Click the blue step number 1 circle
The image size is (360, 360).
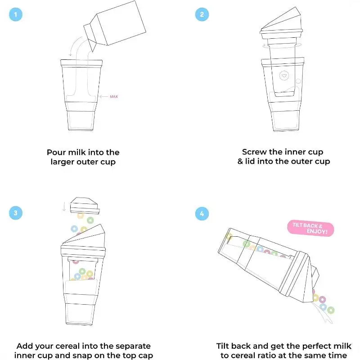coord(16,14)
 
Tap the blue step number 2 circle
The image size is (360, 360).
coord(202,14)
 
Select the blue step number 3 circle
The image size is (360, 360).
coord(16,213)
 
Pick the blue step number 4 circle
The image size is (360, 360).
coord(202,213)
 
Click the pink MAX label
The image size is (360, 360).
coord(114,97)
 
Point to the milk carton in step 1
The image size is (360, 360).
coord(115,25)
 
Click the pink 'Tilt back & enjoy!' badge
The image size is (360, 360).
coord(310,229)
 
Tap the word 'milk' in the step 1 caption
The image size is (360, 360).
coord(77,153)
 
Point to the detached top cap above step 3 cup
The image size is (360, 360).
coord(85,206)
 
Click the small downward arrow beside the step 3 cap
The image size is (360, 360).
coord(64,207)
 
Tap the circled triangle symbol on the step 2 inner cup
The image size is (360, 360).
coord(284,76)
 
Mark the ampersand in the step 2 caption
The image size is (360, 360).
coord(240,162)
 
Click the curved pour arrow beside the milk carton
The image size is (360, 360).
coord(73,45)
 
